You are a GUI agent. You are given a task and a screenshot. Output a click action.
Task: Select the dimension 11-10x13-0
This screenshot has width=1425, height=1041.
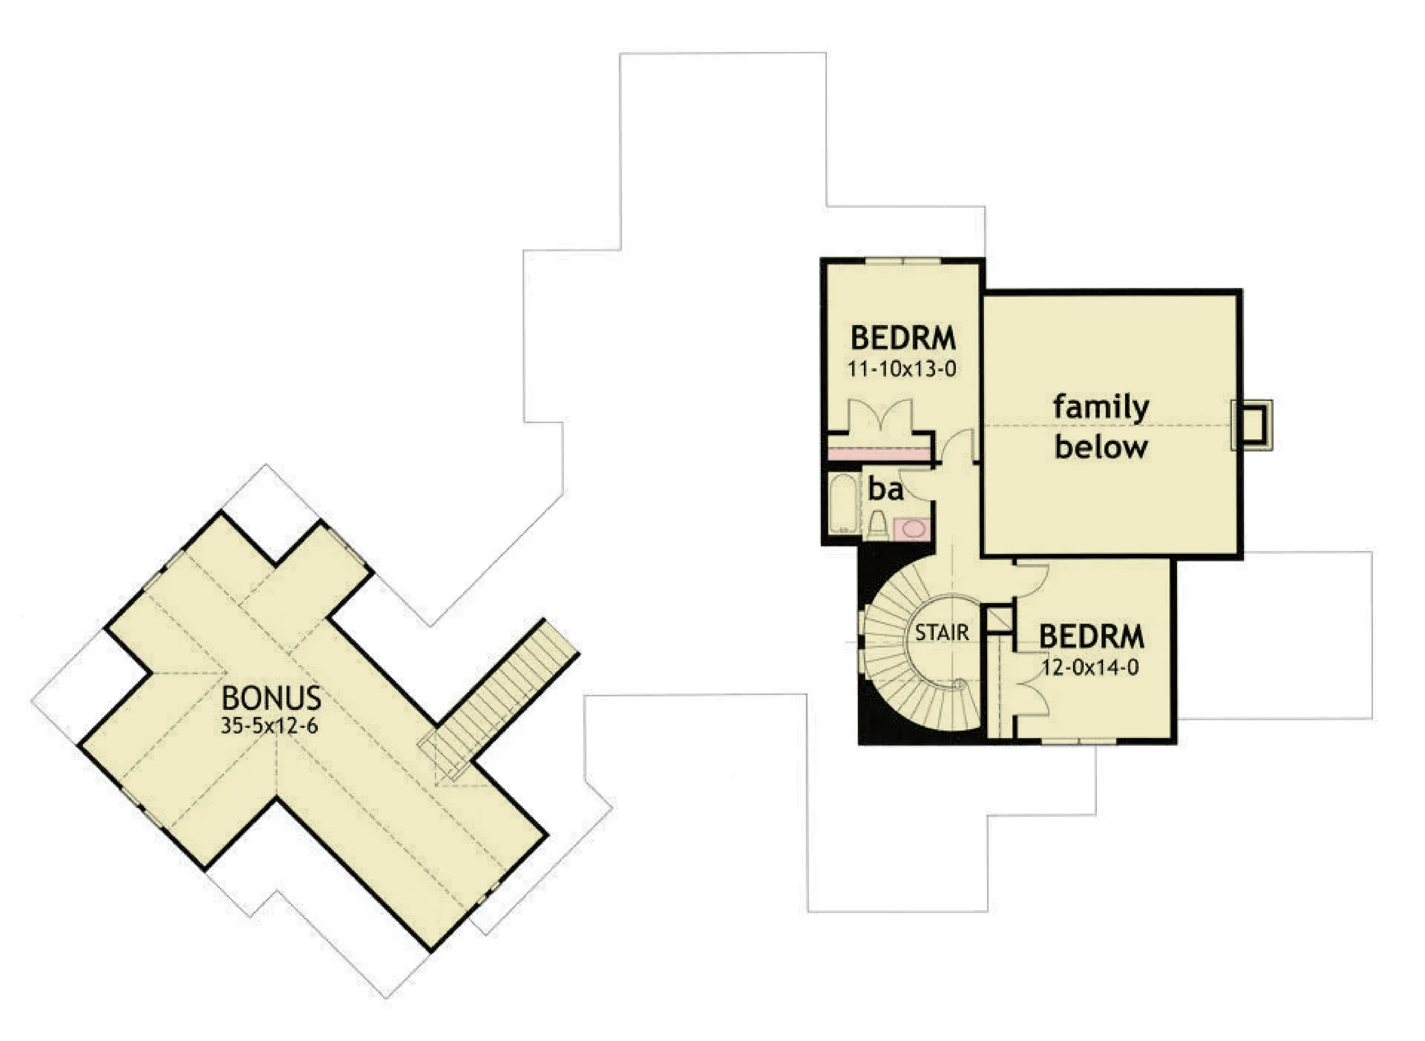902,369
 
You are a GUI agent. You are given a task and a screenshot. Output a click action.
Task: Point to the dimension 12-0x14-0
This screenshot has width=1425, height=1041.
1090,667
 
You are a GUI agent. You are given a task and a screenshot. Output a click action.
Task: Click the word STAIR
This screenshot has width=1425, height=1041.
942,632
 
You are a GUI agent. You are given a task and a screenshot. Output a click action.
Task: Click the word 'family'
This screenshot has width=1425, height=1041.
1101,408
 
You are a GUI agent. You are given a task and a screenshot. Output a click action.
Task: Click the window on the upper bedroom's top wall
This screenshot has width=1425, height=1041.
903,260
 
